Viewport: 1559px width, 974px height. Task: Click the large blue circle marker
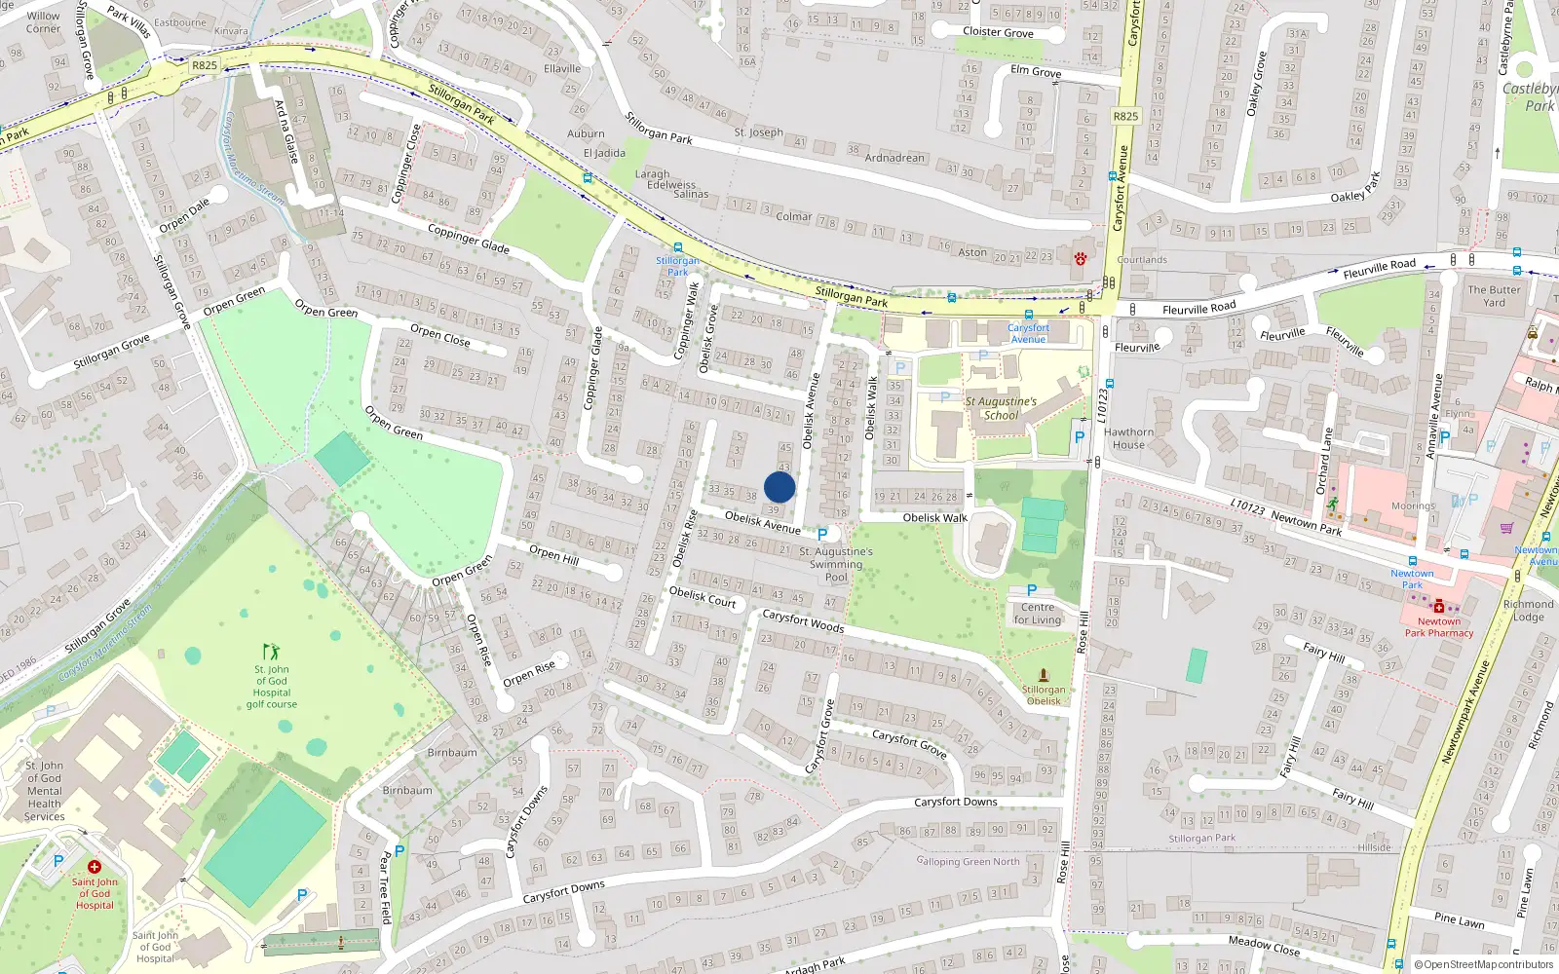pos(779,487)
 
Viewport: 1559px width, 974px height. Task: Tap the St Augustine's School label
pos(1001,408)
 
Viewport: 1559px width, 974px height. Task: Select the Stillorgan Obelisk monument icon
pos(1044,675)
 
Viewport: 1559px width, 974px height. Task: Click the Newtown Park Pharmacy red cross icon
pos(1438,606)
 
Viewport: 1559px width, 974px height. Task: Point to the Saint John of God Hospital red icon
pos(95,866)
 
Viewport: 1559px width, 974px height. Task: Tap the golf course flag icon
pos(271,651)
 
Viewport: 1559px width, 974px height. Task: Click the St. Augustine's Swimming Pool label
pos(836,564)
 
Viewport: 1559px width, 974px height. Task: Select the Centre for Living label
pos(1038,614)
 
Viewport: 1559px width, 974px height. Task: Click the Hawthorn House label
pos(1128,438)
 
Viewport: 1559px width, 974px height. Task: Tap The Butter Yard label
pos(1494,296)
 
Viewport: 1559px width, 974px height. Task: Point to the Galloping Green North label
pos(968,861)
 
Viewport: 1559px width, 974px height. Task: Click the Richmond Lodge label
pos(1528,611)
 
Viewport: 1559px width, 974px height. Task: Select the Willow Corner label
pos(43,22)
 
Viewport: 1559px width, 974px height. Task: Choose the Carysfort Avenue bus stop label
pos(1028,333)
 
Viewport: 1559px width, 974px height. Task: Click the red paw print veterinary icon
pos(1081,258)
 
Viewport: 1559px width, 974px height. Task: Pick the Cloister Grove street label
pos(998,32)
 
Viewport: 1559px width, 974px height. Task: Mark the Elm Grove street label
pos(1036,71)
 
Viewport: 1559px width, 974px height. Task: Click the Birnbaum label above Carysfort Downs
pos(452,753)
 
